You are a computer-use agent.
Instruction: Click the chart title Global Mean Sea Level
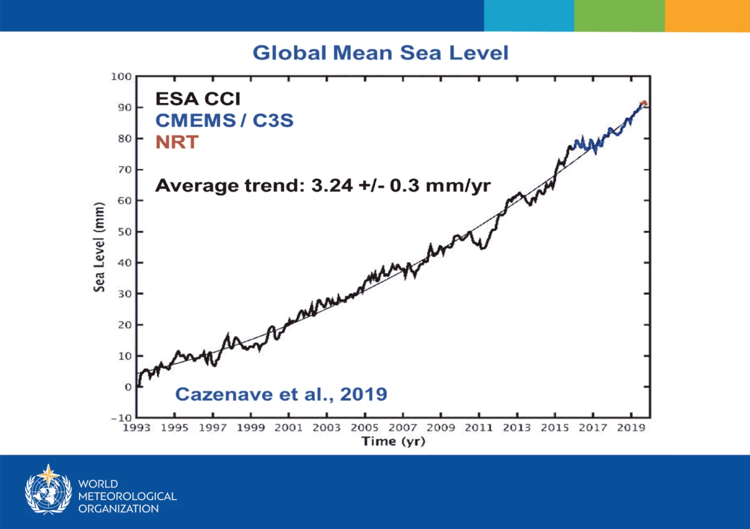click(x=380, y=53)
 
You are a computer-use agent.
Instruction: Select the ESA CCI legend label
click(x=198, y=99)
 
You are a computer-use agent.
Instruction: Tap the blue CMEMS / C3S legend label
click(x=224, y=120)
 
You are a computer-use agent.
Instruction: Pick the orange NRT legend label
click(x=177, y=142)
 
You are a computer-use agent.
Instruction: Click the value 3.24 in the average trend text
click(x=332, y=185)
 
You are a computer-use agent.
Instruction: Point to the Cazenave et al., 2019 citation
click(x=281, y=394)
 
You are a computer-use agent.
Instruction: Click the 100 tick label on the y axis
click(x=121, y=77)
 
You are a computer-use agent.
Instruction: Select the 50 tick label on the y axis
click(x=124, y=232)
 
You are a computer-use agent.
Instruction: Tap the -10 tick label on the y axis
click(x=121, y=418)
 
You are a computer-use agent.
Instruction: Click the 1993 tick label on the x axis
click(x=136, y=428)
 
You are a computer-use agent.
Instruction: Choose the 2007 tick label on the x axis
click(x=403, y=428)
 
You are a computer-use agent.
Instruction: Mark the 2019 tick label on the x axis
click(x=631, y=428)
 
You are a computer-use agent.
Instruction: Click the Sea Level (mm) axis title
click(x=99, y=247)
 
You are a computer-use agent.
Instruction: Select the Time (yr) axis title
click(x=393, y=442)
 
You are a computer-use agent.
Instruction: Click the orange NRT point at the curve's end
click(x=644, y=103)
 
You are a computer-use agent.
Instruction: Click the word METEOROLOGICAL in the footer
click(x=128, y=496)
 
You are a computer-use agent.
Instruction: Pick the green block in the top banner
click(x=619, y=16)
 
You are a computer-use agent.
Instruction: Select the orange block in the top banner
click(x=707, y=16)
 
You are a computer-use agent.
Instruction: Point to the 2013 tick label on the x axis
click(x=517, y=428)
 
